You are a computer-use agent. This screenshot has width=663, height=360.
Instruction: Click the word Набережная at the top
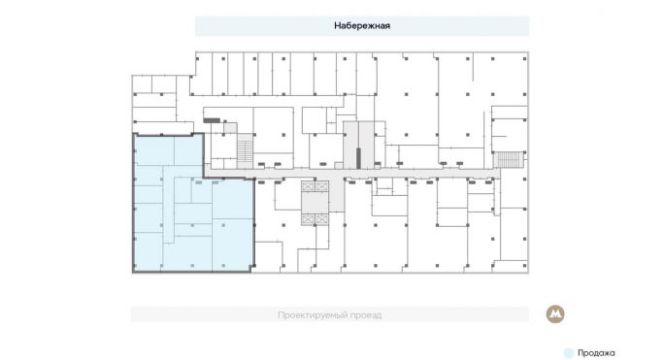pos(362,26)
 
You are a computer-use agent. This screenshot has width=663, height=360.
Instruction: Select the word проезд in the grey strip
pos(369,315)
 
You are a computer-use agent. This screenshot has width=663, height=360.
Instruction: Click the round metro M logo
pos(555,314)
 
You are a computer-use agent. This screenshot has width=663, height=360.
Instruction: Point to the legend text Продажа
pos(596,353)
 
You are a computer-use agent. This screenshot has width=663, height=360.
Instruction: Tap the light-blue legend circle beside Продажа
pos(569,353)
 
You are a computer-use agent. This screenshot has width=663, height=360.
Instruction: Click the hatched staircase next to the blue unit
pos(245,153)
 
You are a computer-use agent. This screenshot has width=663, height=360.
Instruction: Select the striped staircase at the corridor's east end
pos(509,160)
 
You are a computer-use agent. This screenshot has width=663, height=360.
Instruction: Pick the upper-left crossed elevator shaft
pos(308,186)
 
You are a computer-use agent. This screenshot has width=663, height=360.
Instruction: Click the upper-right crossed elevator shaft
pos(322,186)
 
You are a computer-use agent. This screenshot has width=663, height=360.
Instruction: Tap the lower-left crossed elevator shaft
pos(308,219)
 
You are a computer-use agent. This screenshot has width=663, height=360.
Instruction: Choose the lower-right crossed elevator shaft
pos(322,219)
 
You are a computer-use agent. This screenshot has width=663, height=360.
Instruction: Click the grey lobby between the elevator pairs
pos(315,203)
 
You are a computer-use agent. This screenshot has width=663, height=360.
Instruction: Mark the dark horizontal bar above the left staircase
pos(212,120)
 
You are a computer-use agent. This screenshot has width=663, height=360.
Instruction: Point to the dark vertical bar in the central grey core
pos(358,158)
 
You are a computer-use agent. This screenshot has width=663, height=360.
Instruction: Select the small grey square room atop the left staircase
pos(230,128)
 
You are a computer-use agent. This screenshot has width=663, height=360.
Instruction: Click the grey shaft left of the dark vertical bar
pos(350,146)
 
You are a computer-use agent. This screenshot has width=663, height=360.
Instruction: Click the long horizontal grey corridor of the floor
pos(351,174)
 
